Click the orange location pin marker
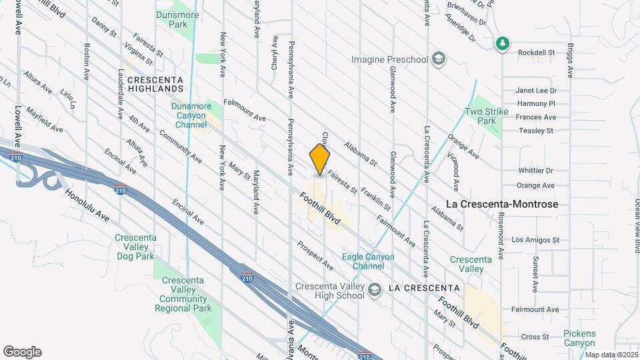point(320,160)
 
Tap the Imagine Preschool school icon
point(438,59)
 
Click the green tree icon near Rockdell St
point(503,44)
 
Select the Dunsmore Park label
point(173,19)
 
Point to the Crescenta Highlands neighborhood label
point(155,83)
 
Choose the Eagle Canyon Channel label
point(368,261)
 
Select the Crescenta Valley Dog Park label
point(135,247)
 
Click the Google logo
point(22,352)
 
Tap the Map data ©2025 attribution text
point(610,355)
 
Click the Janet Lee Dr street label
point(535,91)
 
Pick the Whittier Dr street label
point(535,171)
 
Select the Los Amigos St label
point(535,239)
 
